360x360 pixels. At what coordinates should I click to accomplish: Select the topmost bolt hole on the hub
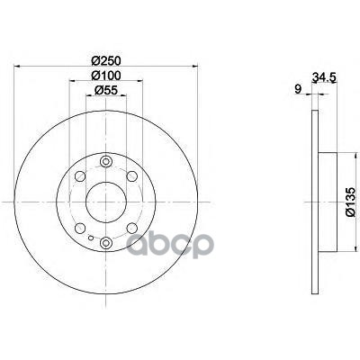click(106, 163)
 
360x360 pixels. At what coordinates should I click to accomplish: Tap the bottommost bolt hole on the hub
click(106, 242)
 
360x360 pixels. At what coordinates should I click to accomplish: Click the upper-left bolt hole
click(81, 177)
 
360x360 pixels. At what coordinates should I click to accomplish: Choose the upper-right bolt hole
click(132, 177)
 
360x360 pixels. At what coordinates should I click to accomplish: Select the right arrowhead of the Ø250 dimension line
click(193, 65)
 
